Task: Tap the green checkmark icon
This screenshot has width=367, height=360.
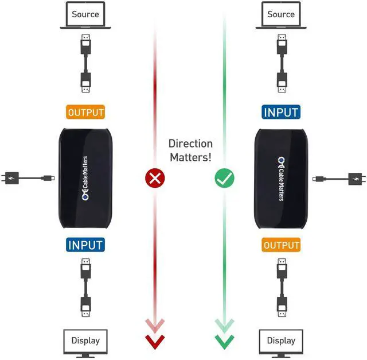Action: [224, 179]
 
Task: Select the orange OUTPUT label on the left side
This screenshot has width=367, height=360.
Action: [86, 113]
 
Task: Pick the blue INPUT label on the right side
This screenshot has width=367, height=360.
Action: [281, 112]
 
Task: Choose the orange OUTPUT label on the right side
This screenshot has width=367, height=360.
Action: [281, 245]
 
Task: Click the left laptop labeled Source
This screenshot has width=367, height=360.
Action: [85, 16]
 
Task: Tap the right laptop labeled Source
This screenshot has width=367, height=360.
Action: [281, 16]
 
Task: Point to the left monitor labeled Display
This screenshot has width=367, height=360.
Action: [85, 342]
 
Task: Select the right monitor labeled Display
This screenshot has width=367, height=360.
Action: [281, 342]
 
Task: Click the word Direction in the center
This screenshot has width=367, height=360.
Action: [190, 144]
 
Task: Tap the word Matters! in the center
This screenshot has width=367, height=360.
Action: [190, 157]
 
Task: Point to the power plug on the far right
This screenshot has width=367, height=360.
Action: [356, 179]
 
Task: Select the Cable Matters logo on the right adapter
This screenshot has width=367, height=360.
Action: [281, 179]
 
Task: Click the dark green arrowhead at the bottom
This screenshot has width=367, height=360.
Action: [224, 342]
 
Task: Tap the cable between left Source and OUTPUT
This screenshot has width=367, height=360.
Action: [85, 63]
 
